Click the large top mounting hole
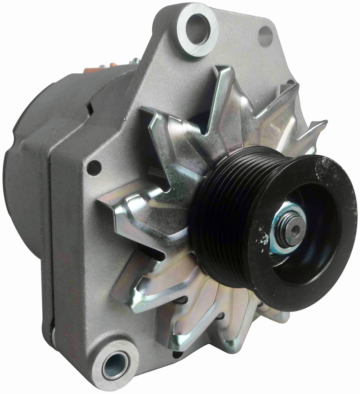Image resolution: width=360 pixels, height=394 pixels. tap(197, 29)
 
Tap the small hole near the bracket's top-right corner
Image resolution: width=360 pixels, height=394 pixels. tap(265, 37)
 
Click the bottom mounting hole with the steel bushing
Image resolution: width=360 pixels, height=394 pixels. tap(115, 365)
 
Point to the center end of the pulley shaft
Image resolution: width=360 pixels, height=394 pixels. tap(295, 230)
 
